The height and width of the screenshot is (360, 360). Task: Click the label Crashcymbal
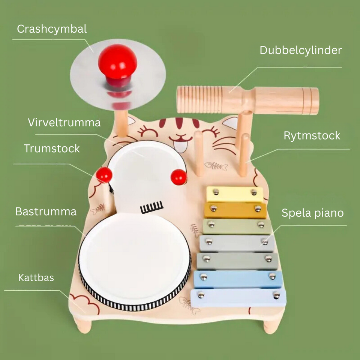click(x=52, y=29)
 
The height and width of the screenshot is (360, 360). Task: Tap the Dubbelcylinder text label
click(x=301, y=50)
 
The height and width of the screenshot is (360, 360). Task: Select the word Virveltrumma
click(x=64, y=123)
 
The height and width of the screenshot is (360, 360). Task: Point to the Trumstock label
click(x=52, y=148)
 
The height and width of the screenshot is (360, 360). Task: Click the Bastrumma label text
click(x=46, y=211)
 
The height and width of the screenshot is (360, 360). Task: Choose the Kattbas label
click(x=36, y=278)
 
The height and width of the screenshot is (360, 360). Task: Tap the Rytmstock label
click(x=312, y=135)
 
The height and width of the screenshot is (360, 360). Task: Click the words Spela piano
click(x=312, y=213)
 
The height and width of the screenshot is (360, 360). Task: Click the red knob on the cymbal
click(x=117, y=61)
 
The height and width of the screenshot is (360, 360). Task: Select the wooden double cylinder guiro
click(x=247, y=100)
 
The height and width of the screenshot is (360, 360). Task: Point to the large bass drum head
click(x=134, y=259)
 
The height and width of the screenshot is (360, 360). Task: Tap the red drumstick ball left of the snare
click(x=104, y=175)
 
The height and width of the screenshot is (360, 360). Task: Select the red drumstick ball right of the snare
click(x=178, y=177)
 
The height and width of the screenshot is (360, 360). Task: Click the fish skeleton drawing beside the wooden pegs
click(x=217, y=165)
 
